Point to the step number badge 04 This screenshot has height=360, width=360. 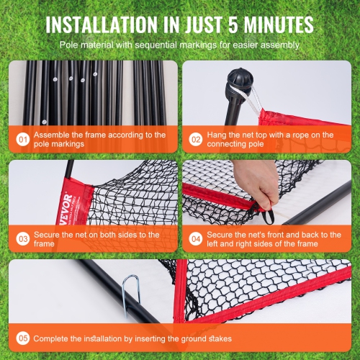[197, 238]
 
